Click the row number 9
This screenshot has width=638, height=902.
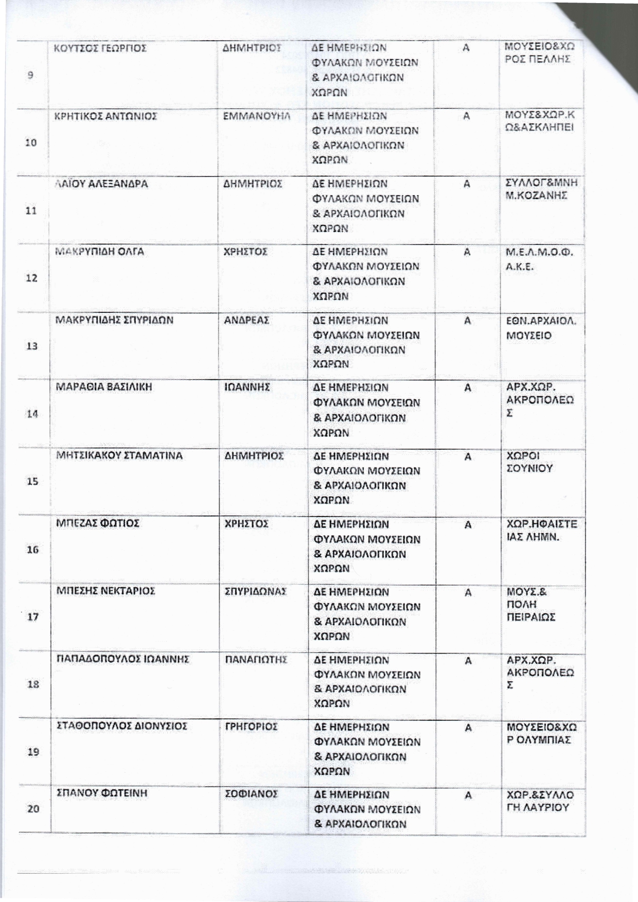tap(31, 75)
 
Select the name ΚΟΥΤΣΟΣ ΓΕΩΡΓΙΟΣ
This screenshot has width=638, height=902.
tap(100, 48)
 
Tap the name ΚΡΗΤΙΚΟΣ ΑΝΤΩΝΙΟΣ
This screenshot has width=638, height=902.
tap(105, 116)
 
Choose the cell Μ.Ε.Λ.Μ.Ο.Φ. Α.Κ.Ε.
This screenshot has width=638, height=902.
tap(539, 259)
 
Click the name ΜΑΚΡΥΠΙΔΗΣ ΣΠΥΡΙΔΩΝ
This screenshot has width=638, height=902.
tap(114, 320)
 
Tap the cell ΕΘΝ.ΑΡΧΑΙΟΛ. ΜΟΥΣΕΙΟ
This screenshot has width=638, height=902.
tap(541, 328)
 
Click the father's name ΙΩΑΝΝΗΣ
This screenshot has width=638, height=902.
tap(247, 387)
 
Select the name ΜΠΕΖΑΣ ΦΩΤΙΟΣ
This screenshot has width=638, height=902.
tap(98, 523)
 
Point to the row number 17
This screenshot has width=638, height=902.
tap(33, 616)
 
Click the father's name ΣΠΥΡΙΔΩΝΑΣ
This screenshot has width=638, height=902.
tap(256, 592)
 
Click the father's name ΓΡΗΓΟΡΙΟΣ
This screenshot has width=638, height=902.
tap(252, 727)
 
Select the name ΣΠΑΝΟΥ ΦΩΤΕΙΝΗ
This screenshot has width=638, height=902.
tap(102, 793)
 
